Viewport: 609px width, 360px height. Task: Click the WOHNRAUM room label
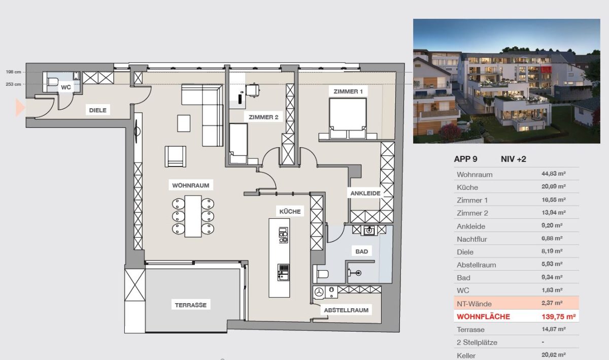191,185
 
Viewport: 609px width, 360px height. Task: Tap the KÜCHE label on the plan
290,211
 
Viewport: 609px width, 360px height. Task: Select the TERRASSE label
191,305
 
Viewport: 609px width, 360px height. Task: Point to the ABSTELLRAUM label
346,310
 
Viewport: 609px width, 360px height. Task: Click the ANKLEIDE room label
365,193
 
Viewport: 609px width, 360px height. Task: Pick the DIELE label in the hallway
98,110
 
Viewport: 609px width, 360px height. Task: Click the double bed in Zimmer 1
348,119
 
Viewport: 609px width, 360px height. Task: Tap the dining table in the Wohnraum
193,216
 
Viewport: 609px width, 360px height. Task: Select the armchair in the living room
176,156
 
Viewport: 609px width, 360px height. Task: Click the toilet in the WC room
52,81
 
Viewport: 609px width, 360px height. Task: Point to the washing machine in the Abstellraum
319,292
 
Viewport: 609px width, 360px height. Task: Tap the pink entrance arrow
20,108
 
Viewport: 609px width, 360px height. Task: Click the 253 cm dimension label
13,84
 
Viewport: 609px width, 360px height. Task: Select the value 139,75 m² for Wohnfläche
559,317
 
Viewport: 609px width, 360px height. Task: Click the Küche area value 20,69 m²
554,187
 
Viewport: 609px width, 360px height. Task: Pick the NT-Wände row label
474,304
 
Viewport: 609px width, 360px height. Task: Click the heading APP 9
465,159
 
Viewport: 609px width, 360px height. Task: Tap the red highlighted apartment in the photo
546,70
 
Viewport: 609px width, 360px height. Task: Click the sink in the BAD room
369,231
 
